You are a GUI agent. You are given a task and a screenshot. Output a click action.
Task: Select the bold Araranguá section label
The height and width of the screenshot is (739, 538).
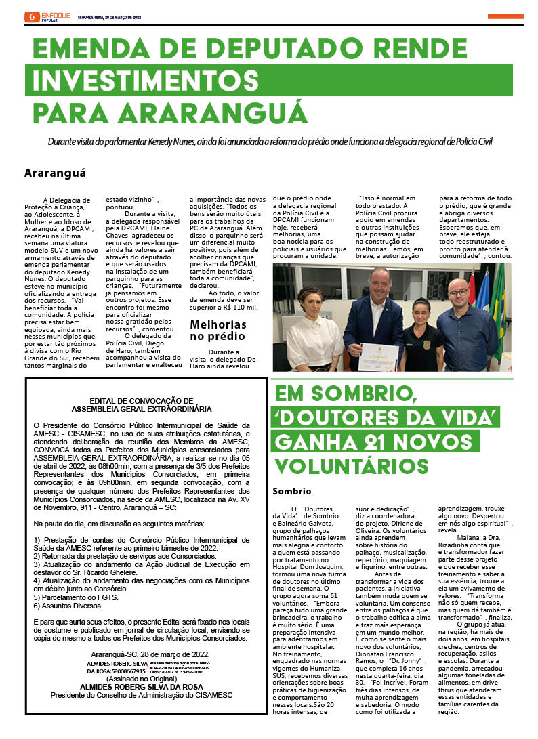(x=55, y=173)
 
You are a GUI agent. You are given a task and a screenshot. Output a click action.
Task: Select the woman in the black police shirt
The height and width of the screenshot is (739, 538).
(x=421, y=333)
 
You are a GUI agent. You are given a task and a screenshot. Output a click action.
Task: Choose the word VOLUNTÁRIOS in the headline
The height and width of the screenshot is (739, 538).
(x=350, y=466)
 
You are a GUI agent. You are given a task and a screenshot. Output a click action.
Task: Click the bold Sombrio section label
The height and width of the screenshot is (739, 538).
(x=291, y=491)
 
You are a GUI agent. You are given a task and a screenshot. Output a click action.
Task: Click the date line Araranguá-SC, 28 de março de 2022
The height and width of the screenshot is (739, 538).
(x=154, y=654)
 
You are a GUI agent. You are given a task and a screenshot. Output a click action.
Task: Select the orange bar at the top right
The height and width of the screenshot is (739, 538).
(x=505, y=16)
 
